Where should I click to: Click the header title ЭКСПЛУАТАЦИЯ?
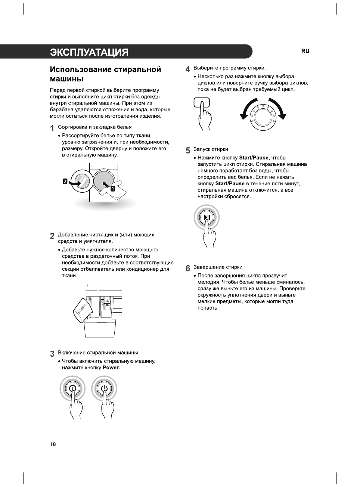pos(89,52)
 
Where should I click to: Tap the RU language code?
pos(305,51)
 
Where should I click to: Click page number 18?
pos(53,444)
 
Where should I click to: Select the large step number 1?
pos(52,128)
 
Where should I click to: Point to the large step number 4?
pos(188,69)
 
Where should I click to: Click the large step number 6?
pos(188,268)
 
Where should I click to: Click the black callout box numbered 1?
pos(112,189)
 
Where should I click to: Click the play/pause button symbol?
pos(207,218)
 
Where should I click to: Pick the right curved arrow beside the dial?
pos(278,109)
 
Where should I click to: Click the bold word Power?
pos(111,367)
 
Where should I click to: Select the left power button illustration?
pos(72,388)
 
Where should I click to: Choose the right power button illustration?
pos(104,388)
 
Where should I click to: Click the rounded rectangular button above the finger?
pos(202,102)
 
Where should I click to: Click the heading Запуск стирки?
pos(211,149)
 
